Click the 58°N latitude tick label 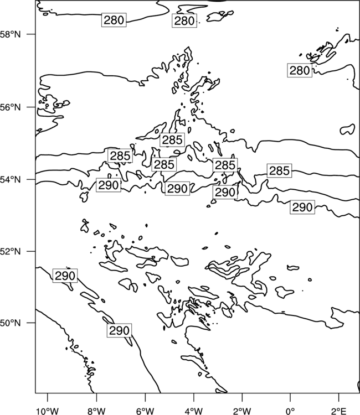click(10, 34)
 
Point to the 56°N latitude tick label click(10, 107)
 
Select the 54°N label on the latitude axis click(10, 179)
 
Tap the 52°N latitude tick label click(10, 251)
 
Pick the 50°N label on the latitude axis click(10, 323)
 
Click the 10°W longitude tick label click(48, 411)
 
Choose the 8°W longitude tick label click(96, 411)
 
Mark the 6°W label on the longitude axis click(145, 411)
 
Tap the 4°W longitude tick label click(194, 411)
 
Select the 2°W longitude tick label click(242, 411)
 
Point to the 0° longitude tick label click(290, 411)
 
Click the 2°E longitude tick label click(339, 411)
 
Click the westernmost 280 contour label click(114, 20)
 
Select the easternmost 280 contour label click(300, 70)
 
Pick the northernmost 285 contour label click(172, 140)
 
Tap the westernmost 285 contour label click(120, 156)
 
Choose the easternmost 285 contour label click(280, 171)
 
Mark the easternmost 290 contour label click(302, 207)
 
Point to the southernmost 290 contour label click(120, 330)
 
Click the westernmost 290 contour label click(65, 276)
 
